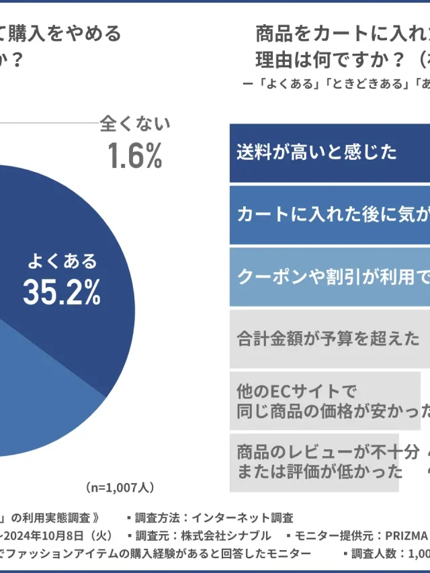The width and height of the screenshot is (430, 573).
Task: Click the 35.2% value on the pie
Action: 62,292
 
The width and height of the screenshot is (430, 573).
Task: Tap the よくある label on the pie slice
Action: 62,261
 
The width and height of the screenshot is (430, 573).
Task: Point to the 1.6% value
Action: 135,156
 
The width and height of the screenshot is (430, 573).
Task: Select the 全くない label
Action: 135,124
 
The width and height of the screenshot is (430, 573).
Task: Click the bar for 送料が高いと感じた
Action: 329,152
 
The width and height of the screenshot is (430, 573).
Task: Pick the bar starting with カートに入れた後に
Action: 329,215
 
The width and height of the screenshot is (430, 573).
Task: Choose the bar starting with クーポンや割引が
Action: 329,277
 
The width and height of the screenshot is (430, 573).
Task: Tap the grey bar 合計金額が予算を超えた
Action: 329,339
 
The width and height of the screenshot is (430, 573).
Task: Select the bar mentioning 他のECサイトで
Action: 325,400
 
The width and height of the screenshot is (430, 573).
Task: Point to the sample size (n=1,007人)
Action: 120,486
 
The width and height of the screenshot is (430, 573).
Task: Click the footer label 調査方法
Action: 159,518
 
